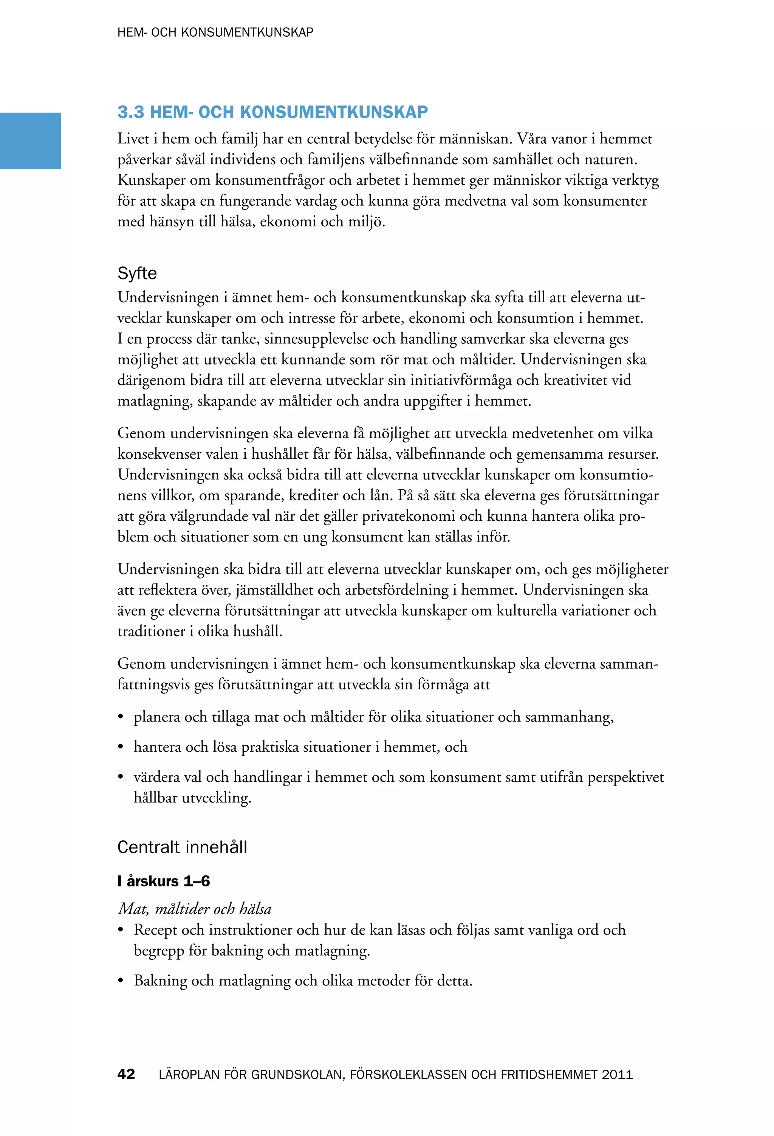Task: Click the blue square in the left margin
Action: [30, 141]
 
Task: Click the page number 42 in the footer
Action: [126, 1074]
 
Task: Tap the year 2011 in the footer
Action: [617, 1074]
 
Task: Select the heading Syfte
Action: [137, 273]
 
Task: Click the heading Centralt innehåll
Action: [182, 847]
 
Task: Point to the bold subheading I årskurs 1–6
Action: [163, 881]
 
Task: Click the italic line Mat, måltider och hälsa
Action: [195, 909]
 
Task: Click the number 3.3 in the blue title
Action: [130, 112]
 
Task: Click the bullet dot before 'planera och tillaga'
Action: [120, 718]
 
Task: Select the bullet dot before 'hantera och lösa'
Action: [120, 747]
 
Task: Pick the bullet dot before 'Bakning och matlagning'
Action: [120, 981]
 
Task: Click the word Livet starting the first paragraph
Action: [133, 139]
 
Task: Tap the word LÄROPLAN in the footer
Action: [189, 1074]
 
